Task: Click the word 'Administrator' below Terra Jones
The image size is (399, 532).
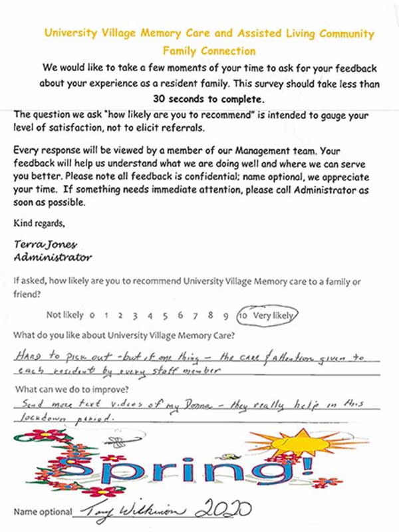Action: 53,256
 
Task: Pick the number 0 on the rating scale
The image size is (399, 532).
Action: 91,316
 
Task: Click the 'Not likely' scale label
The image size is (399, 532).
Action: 65,315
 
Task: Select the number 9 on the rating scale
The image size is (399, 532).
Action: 226,316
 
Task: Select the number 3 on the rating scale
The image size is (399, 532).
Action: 134,316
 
